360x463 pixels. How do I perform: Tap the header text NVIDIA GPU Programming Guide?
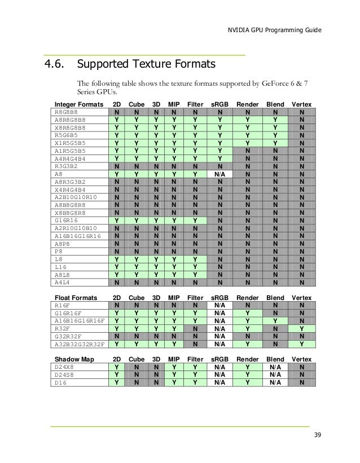pyautogui.click(x=275, y=29)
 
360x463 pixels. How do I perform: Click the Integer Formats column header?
pyautogui.click(x=78, y=104)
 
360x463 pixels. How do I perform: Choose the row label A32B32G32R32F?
pyautogui.click(x=80, y=343)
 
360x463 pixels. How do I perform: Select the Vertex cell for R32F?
pyautogui.click(x=302, y=328)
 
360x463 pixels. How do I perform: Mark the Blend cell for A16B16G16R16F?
pyautogui.click(x=275, y=321)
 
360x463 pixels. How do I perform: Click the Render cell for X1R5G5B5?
pyautogui.click(x=248, y=143)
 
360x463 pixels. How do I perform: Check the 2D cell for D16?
pyautogui.click(x=117, y=381)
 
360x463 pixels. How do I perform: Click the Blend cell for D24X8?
pyautogui.click(x=275, y=367)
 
